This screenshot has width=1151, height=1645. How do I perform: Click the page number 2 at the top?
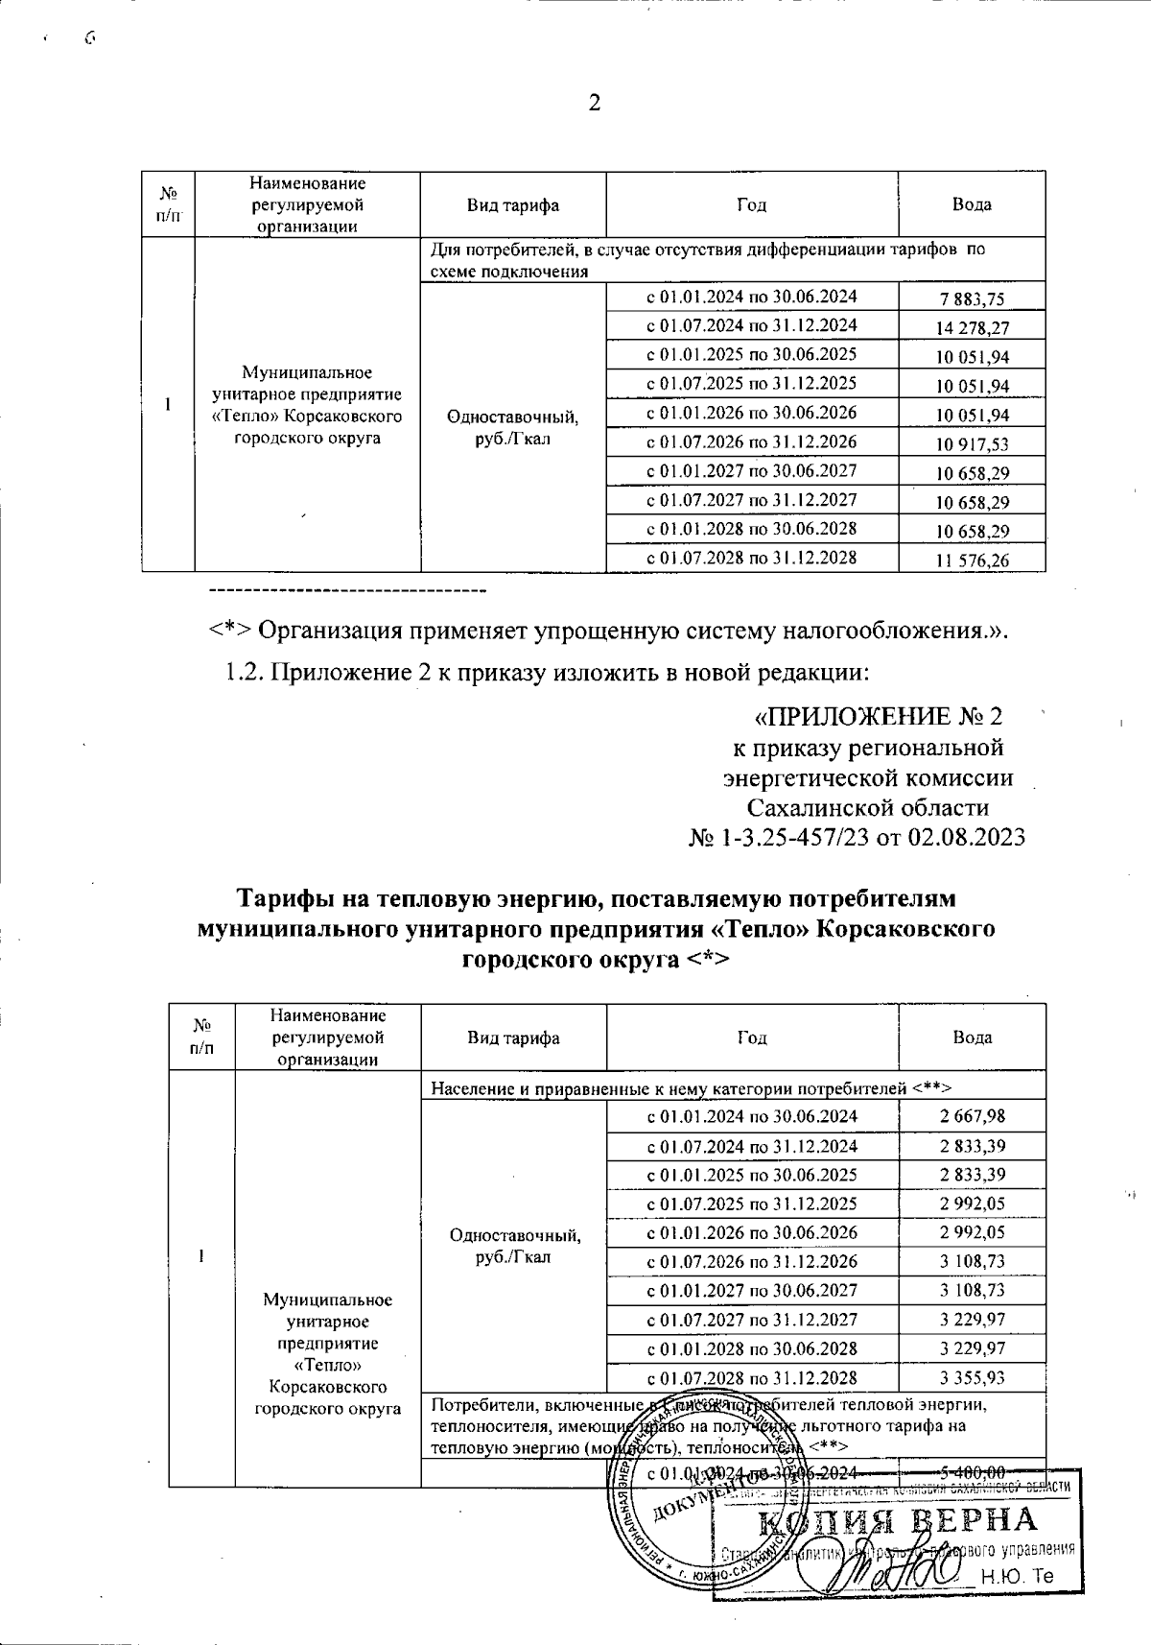click(x=594, y=103)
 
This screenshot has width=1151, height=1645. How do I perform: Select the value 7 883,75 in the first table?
click(x=973, y=299)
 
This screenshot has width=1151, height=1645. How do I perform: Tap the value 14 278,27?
click(x=973, y=328)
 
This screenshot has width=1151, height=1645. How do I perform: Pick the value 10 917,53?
click(x=973, y=444)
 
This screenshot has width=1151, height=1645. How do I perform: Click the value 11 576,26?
click(x=973, y=560)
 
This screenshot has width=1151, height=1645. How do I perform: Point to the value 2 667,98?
click(x=973, y=1115)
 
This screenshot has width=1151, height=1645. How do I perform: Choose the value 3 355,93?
click(x=973, y=1378)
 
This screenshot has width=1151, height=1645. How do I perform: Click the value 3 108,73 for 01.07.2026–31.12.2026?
click(x=973, y=1261)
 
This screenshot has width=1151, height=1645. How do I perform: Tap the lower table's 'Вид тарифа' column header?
click(x=513, y=1037)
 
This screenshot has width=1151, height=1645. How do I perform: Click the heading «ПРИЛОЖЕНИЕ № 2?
click(x=878, y=717)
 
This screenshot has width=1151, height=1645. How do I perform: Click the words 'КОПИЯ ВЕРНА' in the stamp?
click(x=897, y=1521)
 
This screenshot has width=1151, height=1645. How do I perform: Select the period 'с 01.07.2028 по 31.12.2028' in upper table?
click(x=752, y=558)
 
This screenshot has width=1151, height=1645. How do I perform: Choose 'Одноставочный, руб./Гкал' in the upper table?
click(x=513, y=428)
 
